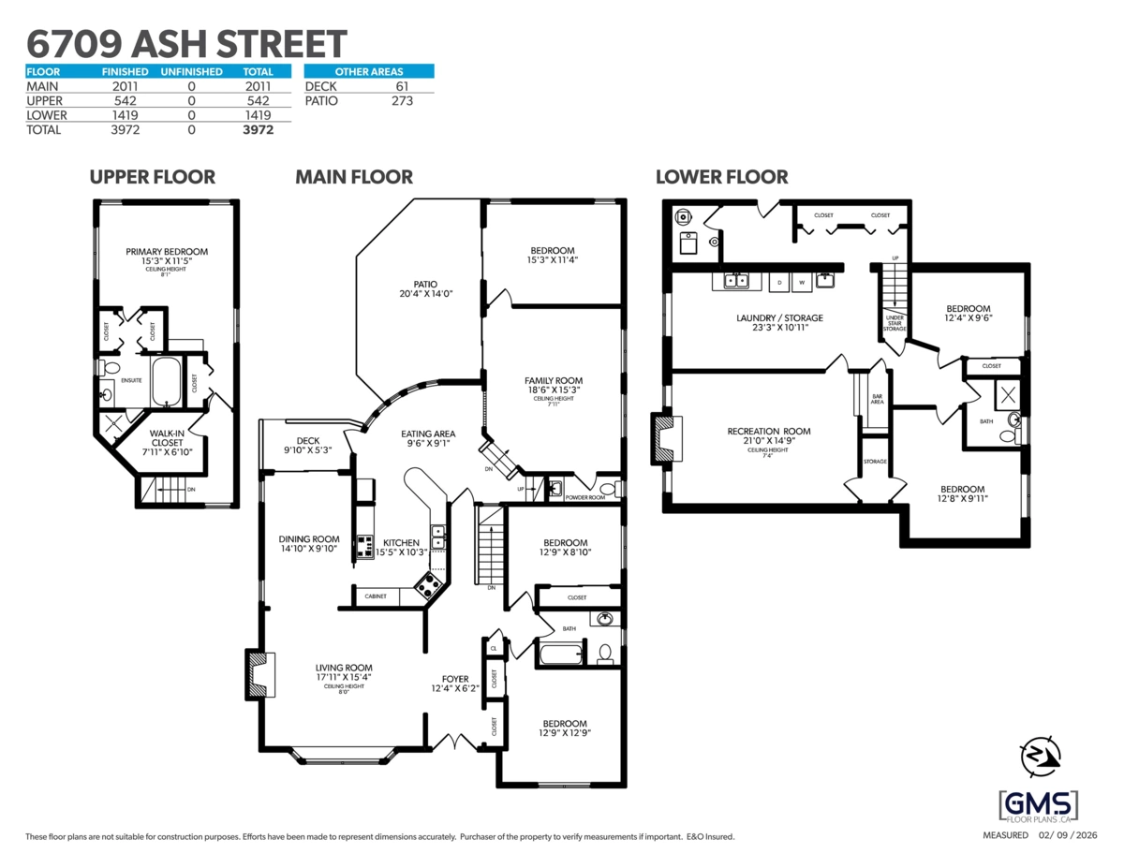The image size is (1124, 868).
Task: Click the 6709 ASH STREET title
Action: (185, 43)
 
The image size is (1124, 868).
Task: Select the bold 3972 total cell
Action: (258, 130)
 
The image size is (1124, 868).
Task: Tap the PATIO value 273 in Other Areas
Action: (402, 100)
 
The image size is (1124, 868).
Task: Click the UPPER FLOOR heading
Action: (152, 177)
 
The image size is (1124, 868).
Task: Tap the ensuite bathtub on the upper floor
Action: (170, 382)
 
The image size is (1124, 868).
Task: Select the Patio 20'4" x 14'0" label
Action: (425, 288)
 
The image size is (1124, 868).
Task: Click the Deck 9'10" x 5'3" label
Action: (308, 445)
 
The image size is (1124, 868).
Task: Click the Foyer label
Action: (455, 684)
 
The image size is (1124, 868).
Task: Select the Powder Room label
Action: (584, 498)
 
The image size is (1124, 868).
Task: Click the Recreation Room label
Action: (768, 436)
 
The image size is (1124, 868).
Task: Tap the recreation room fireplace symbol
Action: (666, 438)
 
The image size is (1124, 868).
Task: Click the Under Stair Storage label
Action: (895, 323)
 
